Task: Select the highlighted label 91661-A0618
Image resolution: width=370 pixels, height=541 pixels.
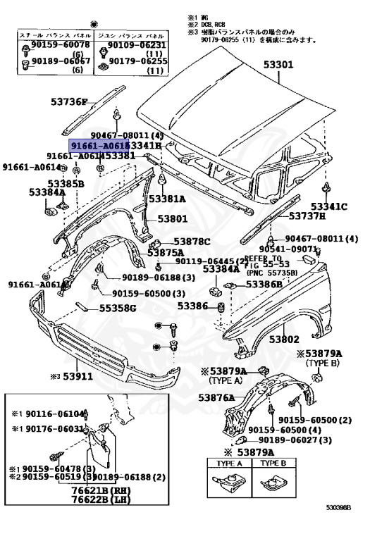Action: point(99,144)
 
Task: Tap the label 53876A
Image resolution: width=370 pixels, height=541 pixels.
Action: point(216,398)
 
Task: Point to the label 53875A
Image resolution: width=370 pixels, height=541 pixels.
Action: point(166,252)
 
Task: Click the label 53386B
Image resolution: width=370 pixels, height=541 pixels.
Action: point(264,285)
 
